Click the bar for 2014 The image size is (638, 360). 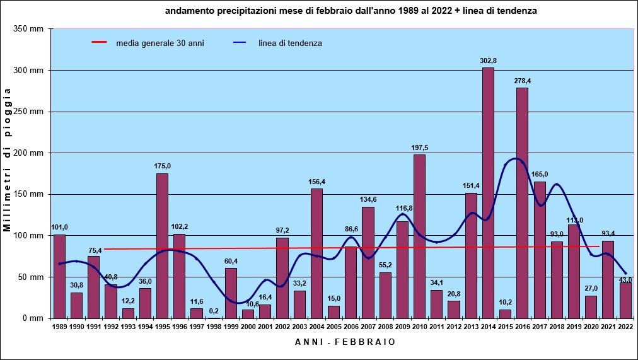(x=488, y=192)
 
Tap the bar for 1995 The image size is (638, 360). (x=162, y=246)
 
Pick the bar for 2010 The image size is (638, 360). (x=419, y=236)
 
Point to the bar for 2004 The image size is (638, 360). (x=316, y=252)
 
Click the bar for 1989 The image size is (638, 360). (x=59, y=276)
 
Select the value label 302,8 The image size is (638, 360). (x=488, y=61)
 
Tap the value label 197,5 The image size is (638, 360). (x=419, y=148)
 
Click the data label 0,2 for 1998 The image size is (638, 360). (x=214, y=311)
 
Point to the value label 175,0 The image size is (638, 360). (x=162, y=166)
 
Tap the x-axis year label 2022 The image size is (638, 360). (x=625, y=327)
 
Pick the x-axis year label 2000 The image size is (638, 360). (x=248, y=327)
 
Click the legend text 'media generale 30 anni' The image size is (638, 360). (x=159, y=43)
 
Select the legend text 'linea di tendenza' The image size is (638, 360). (x=290, y=43)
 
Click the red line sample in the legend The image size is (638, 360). (x=100, y=43)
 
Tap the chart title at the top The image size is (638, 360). (x=351, y=11)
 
